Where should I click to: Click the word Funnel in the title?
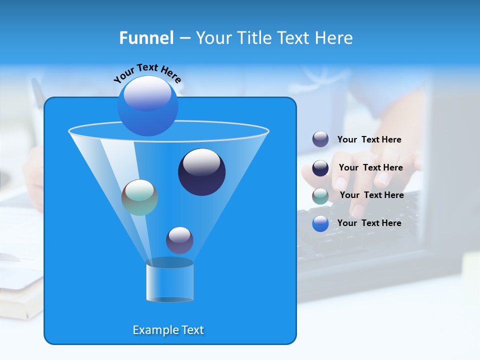point(146,38)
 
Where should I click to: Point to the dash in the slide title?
point(184,38)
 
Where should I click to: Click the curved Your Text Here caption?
point(147,72)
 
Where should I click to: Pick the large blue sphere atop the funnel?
point(147,105)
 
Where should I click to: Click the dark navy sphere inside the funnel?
point(201,171)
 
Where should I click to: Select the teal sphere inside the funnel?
point(139,197)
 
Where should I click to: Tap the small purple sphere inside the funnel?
point(179,240)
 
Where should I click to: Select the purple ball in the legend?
point(320,139)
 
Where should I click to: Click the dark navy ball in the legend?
point(320,168)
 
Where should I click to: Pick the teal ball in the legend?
point(320,196)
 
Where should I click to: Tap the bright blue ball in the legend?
point(320,223)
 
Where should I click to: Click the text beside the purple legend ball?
point(369,139)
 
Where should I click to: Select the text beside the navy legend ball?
point(370,167)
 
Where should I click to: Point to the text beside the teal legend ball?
point(371,195)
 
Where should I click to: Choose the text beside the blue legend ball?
point(369,223)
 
